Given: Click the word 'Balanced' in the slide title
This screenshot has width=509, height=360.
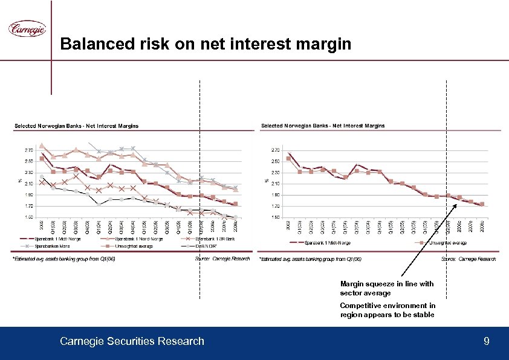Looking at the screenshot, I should [86, 44].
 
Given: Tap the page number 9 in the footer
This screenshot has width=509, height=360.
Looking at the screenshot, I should [487, 342].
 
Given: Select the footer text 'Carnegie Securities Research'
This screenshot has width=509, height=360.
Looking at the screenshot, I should [132, 342].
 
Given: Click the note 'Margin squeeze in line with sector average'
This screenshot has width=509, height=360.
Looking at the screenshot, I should [386, 288].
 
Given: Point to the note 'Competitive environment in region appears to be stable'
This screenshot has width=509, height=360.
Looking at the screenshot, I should [387, 310].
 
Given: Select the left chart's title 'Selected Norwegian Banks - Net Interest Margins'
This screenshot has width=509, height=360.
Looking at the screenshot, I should [76, 126].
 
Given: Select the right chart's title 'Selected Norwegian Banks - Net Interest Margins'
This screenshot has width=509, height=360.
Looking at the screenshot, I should [322, 126].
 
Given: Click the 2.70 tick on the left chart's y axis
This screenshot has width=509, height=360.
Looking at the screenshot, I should [29, 150].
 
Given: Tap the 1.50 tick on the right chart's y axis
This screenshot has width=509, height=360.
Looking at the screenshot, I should [276, 217].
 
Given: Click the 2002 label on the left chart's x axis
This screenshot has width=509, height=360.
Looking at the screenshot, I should [41, 225].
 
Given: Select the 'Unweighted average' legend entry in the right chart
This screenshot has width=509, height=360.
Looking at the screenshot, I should [447, 243].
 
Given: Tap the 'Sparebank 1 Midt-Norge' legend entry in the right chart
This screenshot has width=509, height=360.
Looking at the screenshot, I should [326, 243].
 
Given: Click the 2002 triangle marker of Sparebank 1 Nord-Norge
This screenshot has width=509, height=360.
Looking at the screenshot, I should [42, 146].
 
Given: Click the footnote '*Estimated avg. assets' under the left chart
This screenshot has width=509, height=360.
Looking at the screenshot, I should [63, 259].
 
